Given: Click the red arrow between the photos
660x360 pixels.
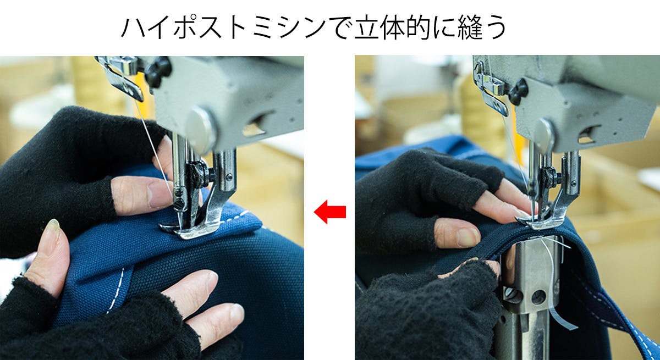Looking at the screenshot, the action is point(329,212).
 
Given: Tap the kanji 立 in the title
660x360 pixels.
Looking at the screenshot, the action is point(366,27).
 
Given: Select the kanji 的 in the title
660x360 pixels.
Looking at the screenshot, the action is point(419,27).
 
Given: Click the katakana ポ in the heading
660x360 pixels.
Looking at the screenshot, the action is point(185,27).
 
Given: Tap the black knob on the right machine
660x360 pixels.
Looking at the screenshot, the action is point(519,91).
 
